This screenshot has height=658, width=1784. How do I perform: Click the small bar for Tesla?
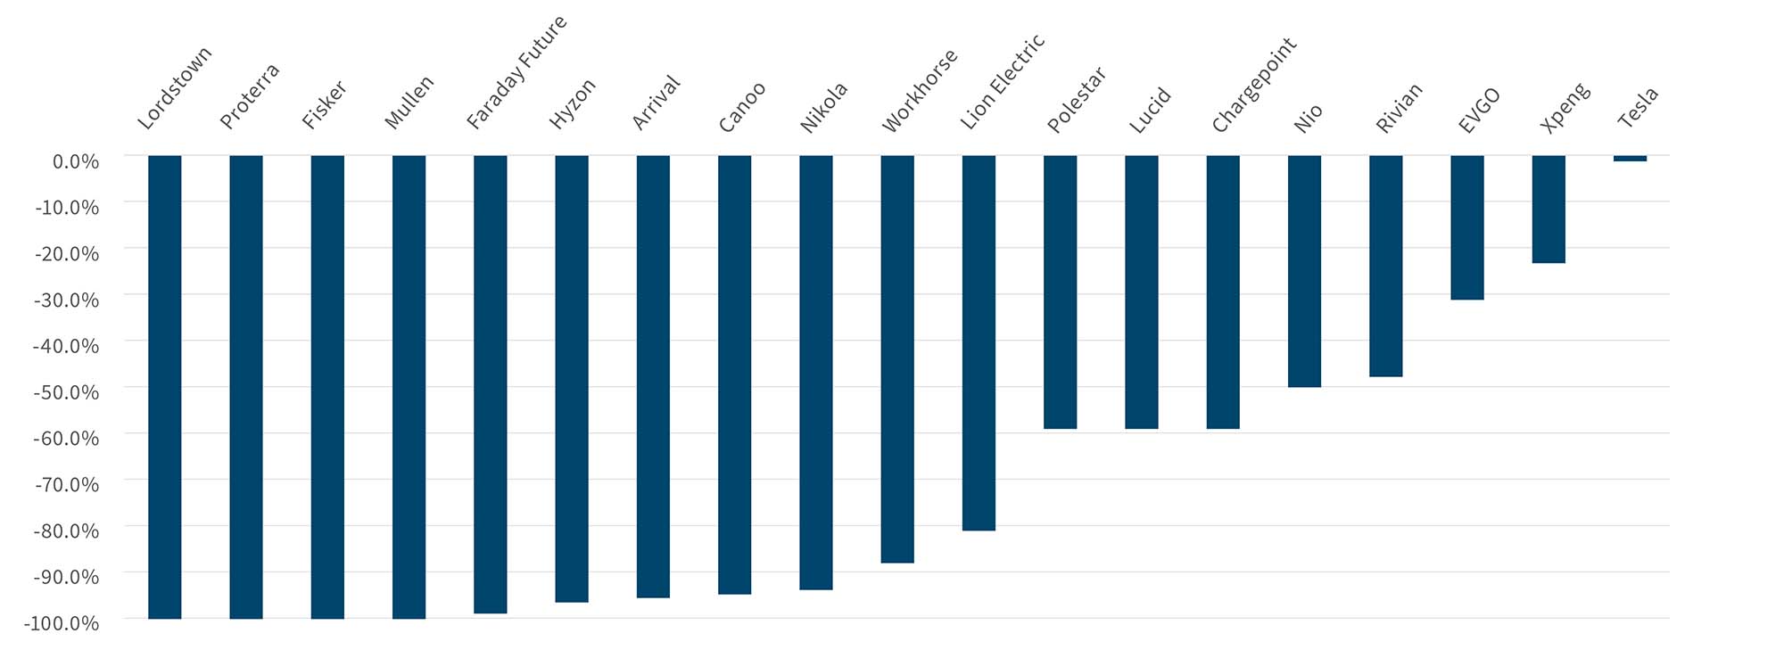[x=1630, y=159]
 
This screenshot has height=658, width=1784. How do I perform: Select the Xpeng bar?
[x=1549, y=210]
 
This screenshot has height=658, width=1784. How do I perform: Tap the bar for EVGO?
[x=1467, y=227]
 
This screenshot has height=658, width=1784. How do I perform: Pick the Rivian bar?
[x=1385, y=266]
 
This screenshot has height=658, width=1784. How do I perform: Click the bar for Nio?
[x=1304, y=271]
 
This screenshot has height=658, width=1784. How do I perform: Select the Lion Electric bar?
[x=979, y=343]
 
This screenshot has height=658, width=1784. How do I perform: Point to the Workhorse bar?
[x=897, y=359]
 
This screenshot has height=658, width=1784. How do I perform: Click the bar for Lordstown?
[x=165, y=387]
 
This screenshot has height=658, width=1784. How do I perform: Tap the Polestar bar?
[x=1060, y=292]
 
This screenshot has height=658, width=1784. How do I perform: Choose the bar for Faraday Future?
[x=491, y=384]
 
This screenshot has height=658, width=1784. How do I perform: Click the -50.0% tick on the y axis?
[x=67, y=392]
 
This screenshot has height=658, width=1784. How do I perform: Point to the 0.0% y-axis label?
[x=76, y=161]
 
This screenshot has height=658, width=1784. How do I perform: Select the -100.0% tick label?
[x=62, y=623]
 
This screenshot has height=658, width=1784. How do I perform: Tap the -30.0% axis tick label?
[x=67, y=300]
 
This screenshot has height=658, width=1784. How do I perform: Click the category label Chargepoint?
[x=1252, y=86]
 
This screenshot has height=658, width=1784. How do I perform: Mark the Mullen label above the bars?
[x=409, y=102]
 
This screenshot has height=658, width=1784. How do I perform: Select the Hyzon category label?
[x=572, y=104]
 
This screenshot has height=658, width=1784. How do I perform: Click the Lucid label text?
[x=1150, y=111]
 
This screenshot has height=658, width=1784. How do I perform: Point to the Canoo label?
[x=741, y=108]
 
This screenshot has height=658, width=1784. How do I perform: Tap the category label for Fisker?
[x=324, y=105]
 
